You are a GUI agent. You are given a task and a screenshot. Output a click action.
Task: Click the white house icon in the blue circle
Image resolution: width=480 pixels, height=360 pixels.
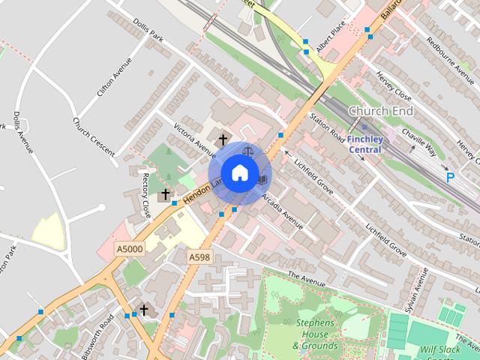pyautogui.click(x=239, y=173)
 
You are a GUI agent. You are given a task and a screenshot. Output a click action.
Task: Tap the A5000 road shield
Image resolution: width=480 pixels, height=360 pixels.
pyautogui.click(x=129, y=248)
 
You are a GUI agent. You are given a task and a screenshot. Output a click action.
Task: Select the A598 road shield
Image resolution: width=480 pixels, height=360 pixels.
pyautogui.click(x=199, y=257)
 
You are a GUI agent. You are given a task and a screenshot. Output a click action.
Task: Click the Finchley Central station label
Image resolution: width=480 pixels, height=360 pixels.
pyautogui.click(x=365, y=144)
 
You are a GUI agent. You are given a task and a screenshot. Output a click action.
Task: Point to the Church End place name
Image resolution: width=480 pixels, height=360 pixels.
pyautogui.click(x=381, y=111)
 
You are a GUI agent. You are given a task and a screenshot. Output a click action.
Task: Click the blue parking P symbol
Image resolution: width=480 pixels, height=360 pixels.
pyautogui.click(x=450, y=178)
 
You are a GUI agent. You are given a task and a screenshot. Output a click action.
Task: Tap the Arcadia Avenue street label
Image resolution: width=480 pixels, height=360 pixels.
pyautogui.click(x=283, y=212)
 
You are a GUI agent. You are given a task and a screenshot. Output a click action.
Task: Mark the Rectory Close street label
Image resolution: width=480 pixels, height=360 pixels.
pyautogui.click(x=145, y=194)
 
